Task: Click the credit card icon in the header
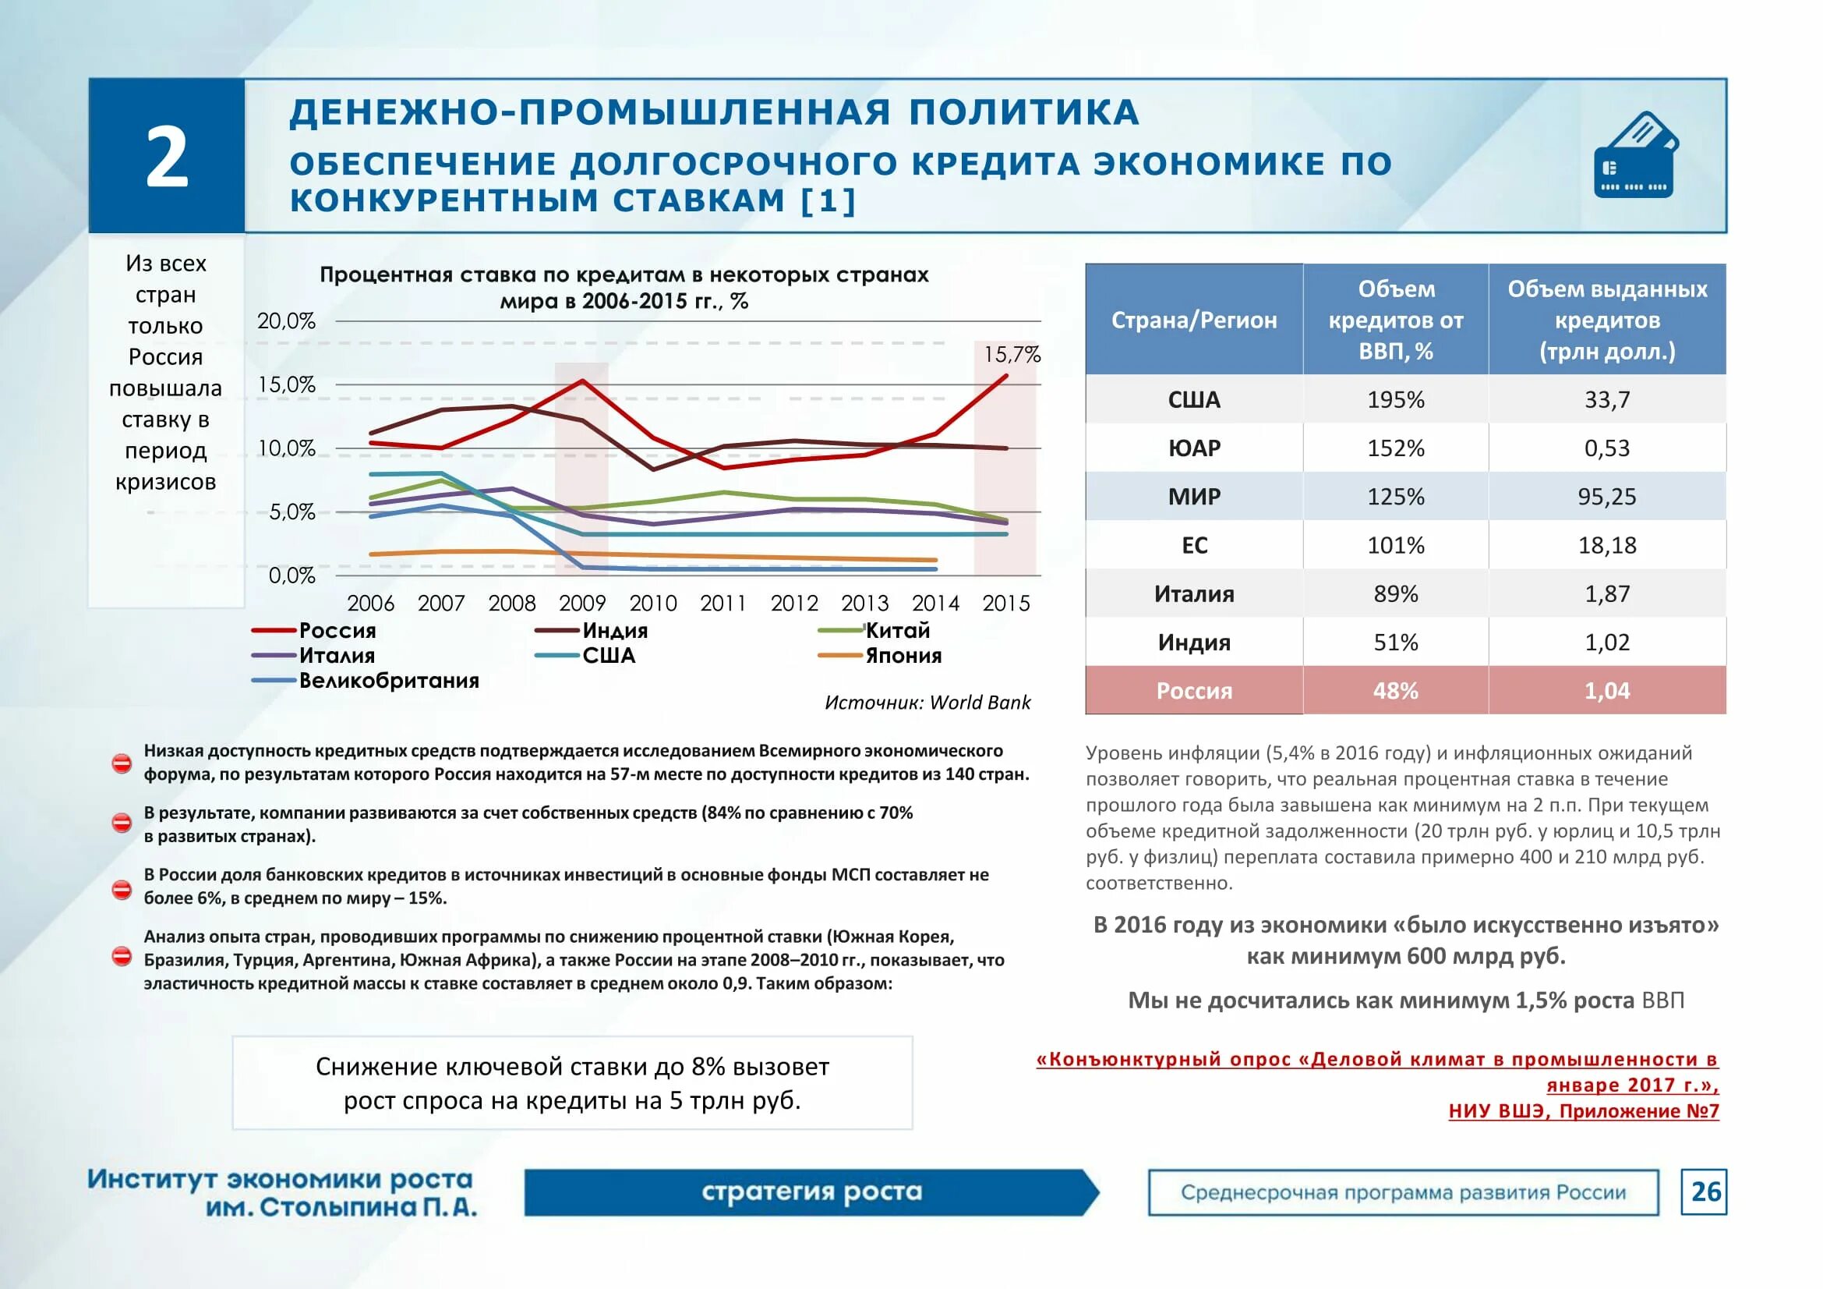point(1636,156)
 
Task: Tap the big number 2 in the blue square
point(167,158)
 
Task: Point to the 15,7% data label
point(1011,354)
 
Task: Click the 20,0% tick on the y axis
point(286,320)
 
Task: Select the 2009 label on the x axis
point(582,604)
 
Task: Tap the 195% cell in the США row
point(1395,399)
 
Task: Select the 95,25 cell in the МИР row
point(1606,497)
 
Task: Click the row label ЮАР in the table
point(1193,448)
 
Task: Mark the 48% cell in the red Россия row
point(1395,691)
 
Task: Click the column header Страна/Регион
point(1193,320)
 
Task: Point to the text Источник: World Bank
point(927,702)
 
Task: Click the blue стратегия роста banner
point(811,1192)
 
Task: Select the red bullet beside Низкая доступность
point(122,763)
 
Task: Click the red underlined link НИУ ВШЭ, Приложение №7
point(1583,1110)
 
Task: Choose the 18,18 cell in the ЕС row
point(1606,545)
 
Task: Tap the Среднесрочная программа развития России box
point(1402,1192)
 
